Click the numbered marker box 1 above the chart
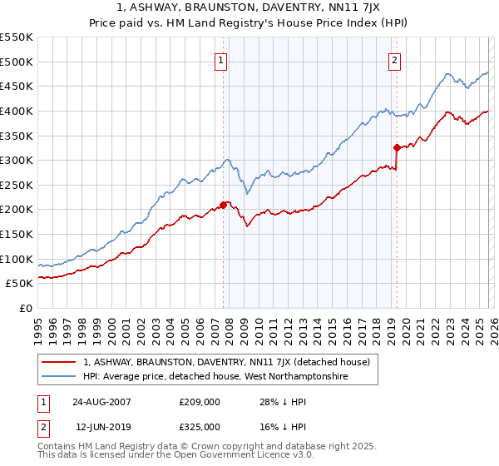pyautogui.click(x=221, y=60)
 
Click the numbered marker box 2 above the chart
pyautogui.click(x=393, y=60)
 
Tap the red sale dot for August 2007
pyautogui.click(x=224, y=205)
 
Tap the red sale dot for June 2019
pyautogui.click(x=397, y=147)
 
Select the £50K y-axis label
pyautogui.click(x=20, y=284)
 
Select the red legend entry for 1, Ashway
pyautogui.click(x=231, y=362)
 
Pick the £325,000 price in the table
pyautogui.click(x=200, y=426)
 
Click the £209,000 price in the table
pyautogui.click(x=200, y=401)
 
